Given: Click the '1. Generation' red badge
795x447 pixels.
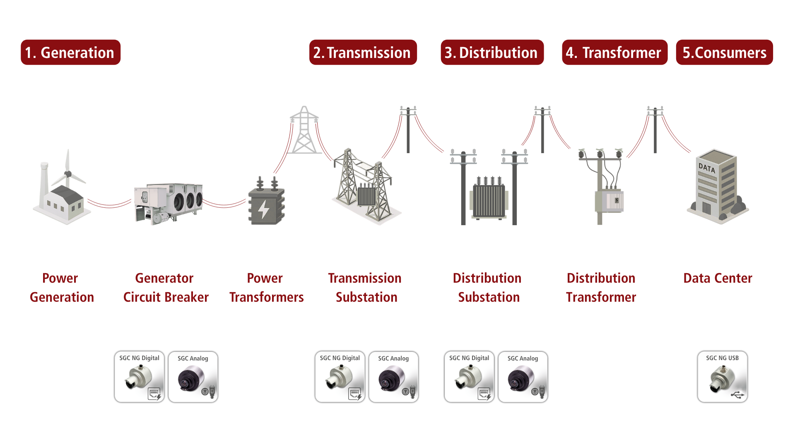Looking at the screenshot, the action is point(70,52).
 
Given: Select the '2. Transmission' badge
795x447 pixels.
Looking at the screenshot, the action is point(363,52).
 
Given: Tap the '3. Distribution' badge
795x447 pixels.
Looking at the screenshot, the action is point(492,52).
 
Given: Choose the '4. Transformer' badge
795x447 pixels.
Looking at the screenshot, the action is point(614,52).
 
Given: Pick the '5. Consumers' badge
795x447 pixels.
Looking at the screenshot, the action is point(724,52).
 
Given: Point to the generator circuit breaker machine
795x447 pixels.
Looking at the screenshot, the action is point(168,203).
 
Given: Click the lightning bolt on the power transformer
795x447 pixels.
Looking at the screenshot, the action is point(263,209).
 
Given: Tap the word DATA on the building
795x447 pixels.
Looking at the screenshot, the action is point(707,168).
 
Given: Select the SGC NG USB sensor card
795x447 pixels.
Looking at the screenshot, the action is point(723,377).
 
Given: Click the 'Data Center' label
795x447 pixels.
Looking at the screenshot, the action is point(718,278).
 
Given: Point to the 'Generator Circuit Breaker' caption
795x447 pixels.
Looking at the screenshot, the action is point(166,288).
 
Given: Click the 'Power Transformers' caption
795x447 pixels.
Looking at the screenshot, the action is point(266,288).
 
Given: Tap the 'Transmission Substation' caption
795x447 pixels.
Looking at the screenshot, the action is point(365,288).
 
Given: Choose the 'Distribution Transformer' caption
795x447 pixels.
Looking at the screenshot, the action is point(601,288).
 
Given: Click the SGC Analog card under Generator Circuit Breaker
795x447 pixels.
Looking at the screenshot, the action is point(193,377).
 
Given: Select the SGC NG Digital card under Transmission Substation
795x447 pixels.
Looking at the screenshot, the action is point(340,377).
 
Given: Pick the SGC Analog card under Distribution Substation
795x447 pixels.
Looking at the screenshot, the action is point(523,377).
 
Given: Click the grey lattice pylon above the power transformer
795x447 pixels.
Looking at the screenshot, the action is point(304,130).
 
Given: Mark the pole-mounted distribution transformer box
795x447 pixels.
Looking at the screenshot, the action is point(609,202).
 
